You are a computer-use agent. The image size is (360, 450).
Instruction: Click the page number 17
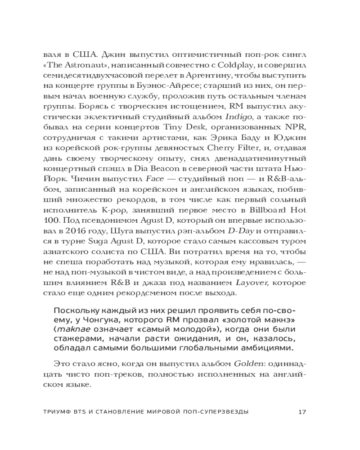(x=302, y=411)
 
